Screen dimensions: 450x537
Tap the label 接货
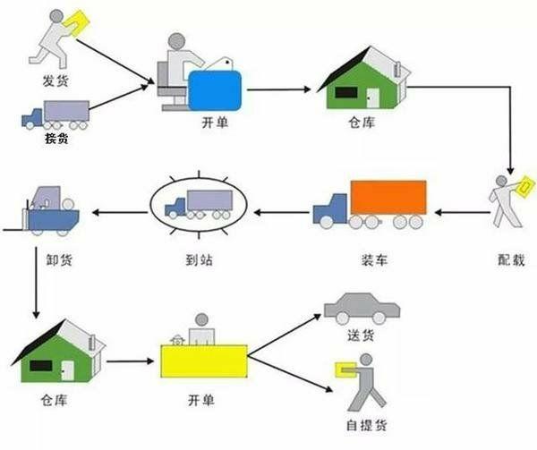coord(56,140)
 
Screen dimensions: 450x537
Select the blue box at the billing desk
coord(215,90)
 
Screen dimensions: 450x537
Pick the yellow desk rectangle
coord(204,362)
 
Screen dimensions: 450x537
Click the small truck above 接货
coord(55,115)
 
